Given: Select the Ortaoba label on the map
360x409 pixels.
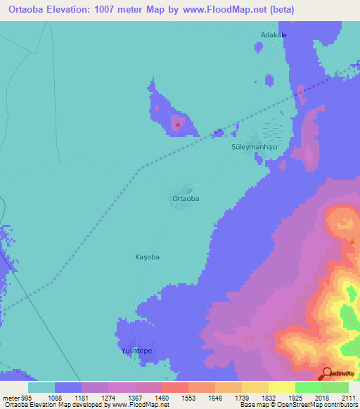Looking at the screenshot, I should (x=186, y=199).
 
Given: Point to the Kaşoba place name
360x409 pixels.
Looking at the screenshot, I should (x=148, y=257).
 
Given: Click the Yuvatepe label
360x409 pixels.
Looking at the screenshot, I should (x=136, y=350).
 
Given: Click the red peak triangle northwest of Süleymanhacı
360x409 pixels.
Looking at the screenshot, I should (x=178, y=126).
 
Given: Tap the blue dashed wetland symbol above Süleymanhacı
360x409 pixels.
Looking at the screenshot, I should (x=273, y=131).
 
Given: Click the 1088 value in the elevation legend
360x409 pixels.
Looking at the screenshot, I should (x=54, y=397).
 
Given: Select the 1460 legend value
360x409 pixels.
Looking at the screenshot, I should (x=161, y=397).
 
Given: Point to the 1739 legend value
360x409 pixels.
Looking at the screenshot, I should (x=241, y=397).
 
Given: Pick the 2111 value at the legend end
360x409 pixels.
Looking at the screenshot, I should (x=348, y=397).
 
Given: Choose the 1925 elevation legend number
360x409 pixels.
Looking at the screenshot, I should (x=295, y=397).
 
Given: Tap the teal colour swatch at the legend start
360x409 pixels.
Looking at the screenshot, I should (x=41, y=387).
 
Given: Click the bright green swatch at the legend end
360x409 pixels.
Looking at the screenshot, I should (x=335, y=387).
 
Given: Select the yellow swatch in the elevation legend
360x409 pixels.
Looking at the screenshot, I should (x=282, y=387).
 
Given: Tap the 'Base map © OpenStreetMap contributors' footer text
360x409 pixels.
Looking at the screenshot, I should (x=298, y=405).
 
